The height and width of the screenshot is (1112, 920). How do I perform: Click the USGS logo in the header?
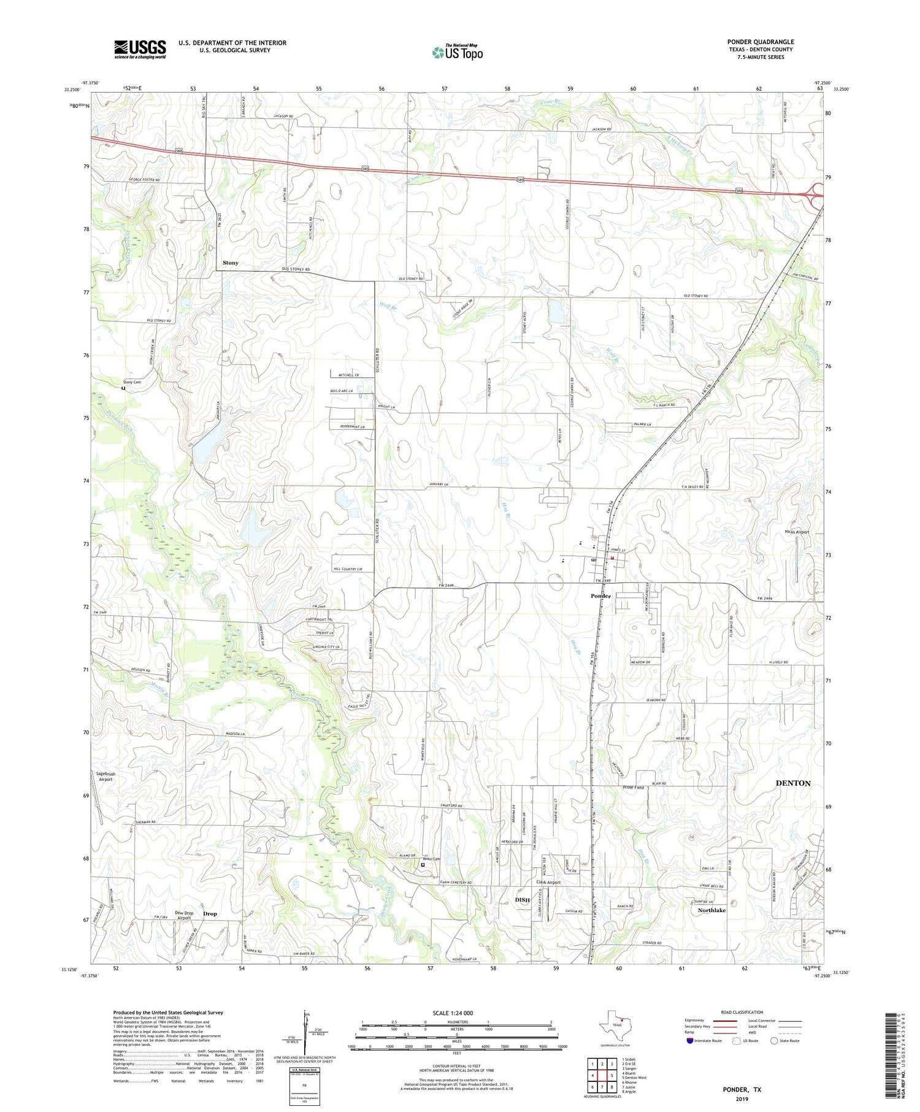[140, 49]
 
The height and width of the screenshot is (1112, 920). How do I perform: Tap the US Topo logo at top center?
[457, 52]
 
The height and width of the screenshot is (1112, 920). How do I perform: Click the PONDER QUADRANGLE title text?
[760, 42]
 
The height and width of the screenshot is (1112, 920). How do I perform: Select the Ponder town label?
[600, 596]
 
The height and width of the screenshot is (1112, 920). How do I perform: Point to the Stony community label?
[230, 263]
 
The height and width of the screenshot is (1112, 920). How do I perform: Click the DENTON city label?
[792, 783]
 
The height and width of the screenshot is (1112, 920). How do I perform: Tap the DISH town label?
[522, 900]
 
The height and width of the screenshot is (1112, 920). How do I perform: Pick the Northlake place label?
[711, 910]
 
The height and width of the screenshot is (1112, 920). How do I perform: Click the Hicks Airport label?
[797, 532]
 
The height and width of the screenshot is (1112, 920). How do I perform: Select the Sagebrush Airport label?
[105, 776]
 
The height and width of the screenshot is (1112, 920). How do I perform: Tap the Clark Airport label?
[548, 882]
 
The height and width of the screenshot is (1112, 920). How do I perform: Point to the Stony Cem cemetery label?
[132, 382]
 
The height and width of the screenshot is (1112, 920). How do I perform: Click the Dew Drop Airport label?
[184, 915]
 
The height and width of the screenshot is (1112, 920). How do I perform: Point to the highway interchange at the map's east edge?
[816, 193]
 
